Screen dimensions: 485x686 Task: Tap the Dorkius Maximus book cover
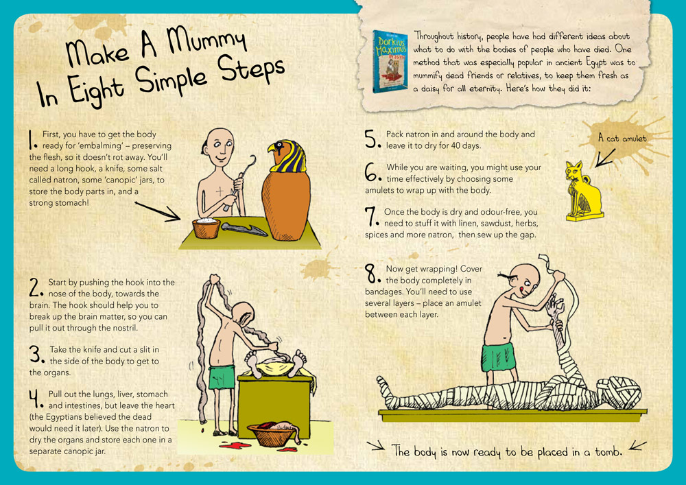(x=390, y=61)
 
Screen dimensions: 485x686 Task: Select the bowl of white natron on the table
(x=206, y=226)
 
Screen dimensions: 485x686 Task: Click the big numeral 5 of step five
(x=372, y=139)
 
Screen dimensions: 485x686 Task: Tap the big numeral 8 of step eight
(x=374, y=274)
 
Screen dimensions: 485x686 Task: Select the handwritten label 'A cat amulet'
(x=622, y=138)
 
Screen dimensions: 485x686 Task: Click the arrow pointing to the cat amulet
(x=604, y=156)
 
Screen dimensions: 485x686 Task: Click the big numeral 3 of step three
(x=36, y=355)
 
